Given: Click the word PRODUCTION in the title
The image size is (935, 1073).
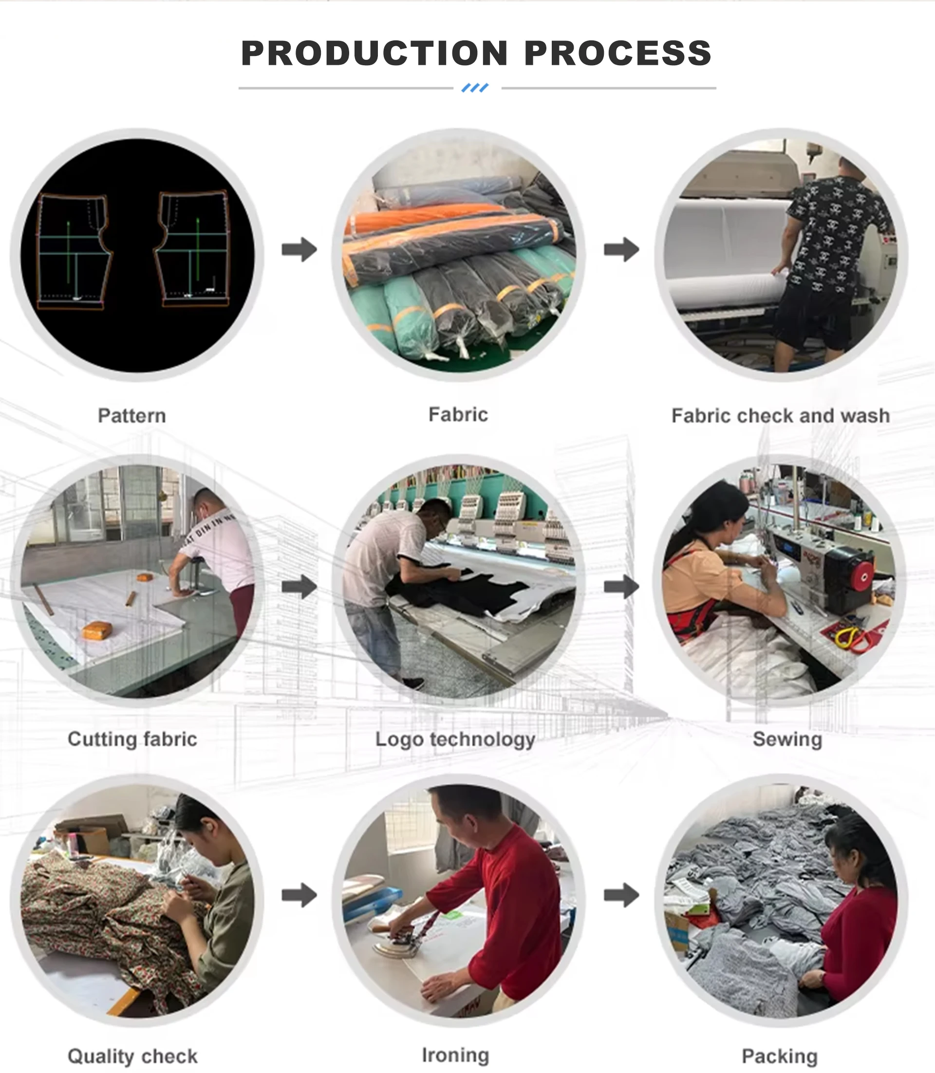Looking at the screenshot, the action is pyautogui.click(x=374, y=53).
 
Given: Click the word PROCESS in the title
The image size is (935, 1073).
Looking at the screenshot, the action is pyautogui.click(x=618, y=53).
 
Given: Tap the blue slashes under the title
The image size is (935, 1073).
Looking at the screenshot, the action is pyautogui.click(x=475, y=88).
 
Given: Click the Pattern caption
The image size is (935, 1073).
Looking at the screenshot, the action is pyautogui.click(x=132, y=416).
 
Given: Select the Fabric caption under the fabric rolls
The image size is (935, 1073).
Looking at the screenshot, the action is pyautogui.click(x=458, y=415).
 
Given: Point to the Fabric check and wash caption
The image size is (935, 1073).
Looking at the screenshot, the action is pyautogui.click(x=781, y=416).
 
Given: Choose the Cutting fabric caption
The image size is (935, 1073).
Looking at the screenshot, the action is pyautogui.click(x=132, y=739).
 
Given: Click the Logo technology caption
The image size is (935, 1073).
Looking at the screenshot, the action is pyautogui.click(x=455, y=740).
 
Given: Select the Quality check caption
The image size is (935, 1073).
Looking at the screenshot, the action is pyautogui.click(x=132, y=1057).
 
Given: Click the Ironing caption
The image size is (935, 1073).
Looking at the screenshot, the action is pyautogui.click(x=455, y=1055).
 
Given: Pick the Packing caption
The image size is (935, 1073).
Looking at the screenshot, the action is pyautogui.click(x=780, y=1057).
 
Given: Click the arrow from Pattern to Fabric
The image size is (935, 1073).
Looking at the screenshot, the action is pyautogui.click(x=299, y=249).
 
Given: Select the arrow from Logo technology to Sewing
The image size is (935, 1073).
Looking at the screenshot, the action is pyautogui.click(x=621, y=587).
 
